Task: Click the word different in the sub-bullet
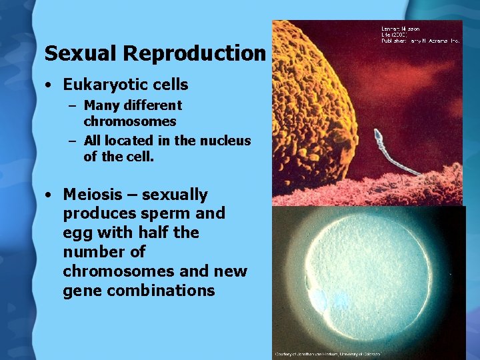click(x=151, y=105)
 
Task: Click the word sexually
click(x=175, y=195)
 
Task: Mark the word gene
click(x=83, y=291)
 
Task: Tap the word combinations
click(x=161, y=291)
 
